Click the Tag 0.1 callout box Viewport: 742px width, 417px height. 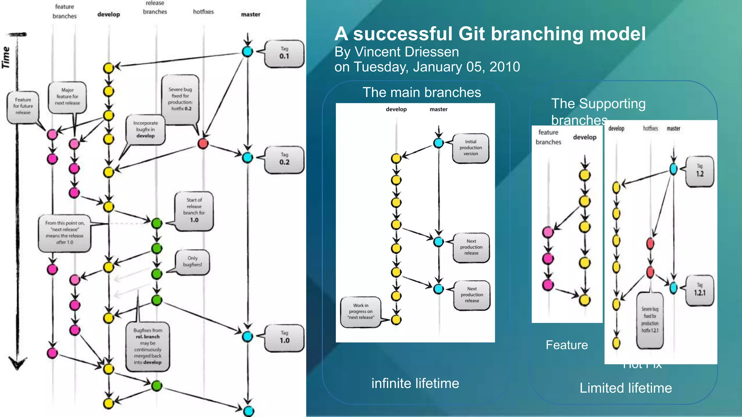pyautogui.click(x=284, y=54)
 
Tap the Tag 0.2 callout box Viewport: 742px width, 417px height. pyautogui.click(x=284, y=160)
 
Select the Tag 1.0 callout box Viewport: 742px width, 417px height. pyautogui.click(x=284, y=338)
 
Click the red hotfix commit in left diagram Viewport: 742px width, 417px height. pyautogui.click(x=203, y=144)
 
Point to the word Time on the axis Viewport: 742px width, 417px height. pyautogui.click(x=6, y=57)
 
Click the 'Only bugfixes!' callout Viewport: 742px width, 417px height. pyautogui.click(x=192, y=262)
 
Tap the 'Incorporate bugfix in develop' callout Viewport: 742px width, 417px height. pyautogui.click(x=146, y=130)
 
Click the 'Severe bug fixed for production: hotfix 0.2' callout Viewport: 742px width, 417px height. pyautogui.click(x=180, y=99)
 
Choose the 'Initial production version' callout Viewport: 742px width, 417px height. pyautogui.click(x=471, y=148)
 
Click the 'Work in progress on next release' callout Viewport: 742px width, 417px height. pyautogui.click(x=360, y=312)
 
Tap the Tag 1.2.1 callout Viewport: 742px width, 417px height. pyautogui.click(x=700, y=290)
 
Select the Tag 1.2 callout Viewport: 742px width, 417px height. pyautogui.click(x=700, y=171)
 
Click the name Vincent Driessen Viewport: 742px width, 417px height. pyautogui.click(x=407, y=52)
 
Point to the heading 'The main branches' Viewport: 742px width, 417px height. pyautogui.click(x=422, y=93)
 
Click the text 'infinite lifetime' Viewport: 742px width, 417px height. pyautogui.click(x=415, y=383)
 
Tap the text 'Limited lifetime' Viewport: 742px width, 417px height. pyautogui.click(x=626, y=388)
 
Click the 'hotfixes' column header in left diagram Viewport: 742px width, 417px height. pyautogui.click(x=203, y=12)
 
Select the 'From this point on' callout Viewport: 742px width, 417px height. pyautogui.click(x=64, y=233)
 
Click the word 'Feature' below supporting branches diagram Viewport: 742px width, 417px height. pyautogui.click(x=567, y=345)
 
